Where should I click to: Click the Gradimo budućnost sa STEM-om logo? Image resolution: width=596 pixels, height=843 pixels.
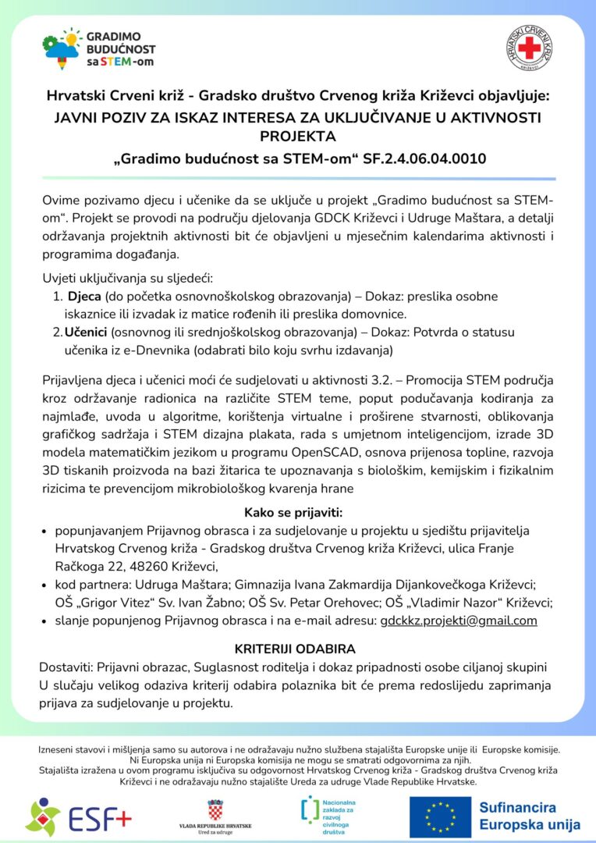[x=87, y=49]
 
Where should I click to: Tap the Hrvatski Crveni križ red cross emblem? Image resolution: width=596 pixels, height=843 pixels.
[x=530, y=49]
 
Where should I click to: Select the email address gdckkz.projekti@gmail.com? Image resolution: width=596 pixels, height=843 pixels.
[x=459, y=621]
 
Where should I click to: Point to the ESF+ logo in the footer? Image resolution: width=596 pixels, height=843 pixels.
[x=79, y=817]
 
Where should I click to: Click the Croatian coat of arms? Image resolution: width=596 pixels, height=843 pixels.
[x=215, y=809]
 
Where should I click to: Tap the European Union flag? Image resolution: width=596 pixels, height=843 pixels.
[x=440, y=816]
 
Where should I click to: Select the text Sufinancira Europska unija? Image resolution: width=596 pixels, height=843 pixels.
[x=529, y=816]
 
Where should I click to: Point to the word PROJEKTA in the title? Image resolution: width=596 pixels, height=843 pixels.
[x=297, y=137]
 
